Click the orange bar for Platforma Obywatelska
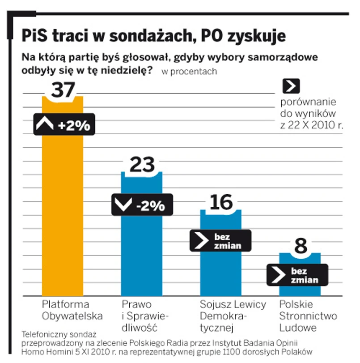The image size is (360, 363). coord(62,215)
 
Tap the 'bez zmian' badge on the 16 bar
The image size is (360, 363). coord(220,241)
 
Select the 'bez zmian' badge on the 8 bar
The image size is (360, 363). coord(297,275)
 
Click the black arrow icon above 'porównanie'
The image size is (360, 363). coord(291,86)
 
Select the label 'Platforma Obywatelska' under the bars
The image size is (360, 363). coord(72,310)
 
